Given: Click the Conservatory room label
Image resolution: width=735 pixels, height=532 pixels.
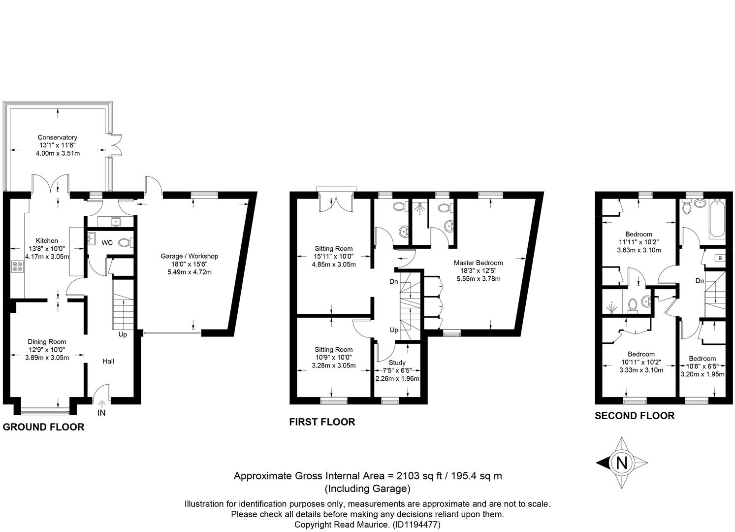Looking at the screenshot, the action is [x=58, y=137].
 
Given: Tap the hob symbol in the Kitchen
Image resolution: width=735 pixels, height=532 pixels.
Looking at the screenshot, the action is [x=17, y=266].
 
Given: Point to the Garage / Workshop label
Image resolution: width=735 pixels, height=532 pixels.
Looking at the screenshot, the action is [x=190, y=256].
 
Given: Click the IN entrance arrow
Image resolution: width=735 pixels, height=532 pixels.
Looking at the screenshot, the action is [x=101, y=402].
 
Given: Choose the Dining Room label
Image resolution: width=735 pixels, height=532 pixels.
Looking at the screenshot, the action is [x=47, y=341].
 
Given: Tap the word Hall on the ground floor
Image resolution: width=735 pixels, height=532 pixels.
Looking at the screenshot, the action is [x=108, y=361].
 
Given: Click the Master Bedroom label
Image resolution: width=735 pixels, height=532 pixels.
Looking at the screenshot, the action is [x=479, y=263].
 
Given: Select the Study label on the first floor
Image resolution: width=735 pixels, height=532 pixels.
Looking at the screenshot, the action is [x=397, y=363].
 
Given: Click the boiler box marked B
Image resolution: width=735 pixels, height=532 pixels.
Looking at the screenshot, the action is [x=720, y=258].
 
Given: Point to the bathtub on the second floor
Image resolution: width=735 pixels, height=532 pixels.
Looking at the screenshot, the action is [x=717, y=218].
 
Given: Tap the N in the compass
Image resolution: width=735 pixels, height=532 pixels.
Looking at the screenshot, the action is [x=621, y=463].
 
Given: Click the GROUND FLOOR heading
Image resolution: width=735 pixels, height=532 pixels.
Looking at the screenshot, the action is [x=44, y=427].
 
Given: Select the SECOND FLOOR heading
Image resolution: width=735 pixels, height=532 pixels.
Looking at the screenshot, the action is [x=635, y=416].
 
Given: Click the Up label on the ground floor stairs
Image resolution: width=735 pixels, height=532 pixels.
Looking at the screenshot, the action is [x=123, y=334].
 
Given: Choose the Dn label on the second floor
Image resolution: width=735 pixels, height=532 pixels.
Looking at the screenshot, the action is [x=700, y=281].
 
